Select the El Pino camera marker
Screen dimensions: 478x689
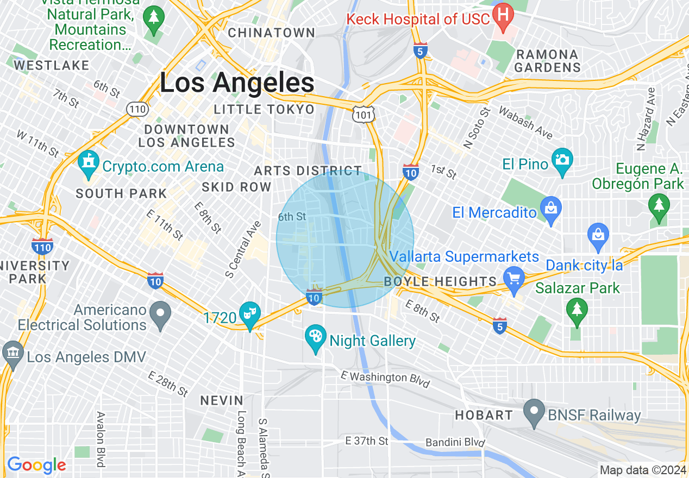(562, 160)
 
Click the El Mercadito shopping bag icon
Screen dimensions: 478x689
(551, 209)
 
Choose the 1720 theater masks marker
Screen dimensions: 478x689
(250, 314)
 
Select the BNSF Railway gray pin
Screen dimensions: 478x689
(534, 411)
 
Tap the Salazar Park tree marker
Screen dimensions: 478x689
(577, 310)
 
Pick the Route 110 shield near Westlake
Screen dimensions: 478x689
(137, 109)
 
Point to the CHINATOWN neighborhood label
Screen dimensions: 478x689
(272, 33)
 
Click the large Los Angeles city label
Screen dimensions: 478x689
(237, 83)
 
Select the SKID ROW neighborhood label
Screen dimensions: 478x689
(236, 187)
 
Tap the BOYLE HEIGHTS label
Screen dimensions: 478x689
(440, 281)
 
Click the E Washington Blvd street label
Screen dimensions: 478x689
(385, 378)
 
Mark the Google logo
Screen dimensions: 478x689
(36, 465)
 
